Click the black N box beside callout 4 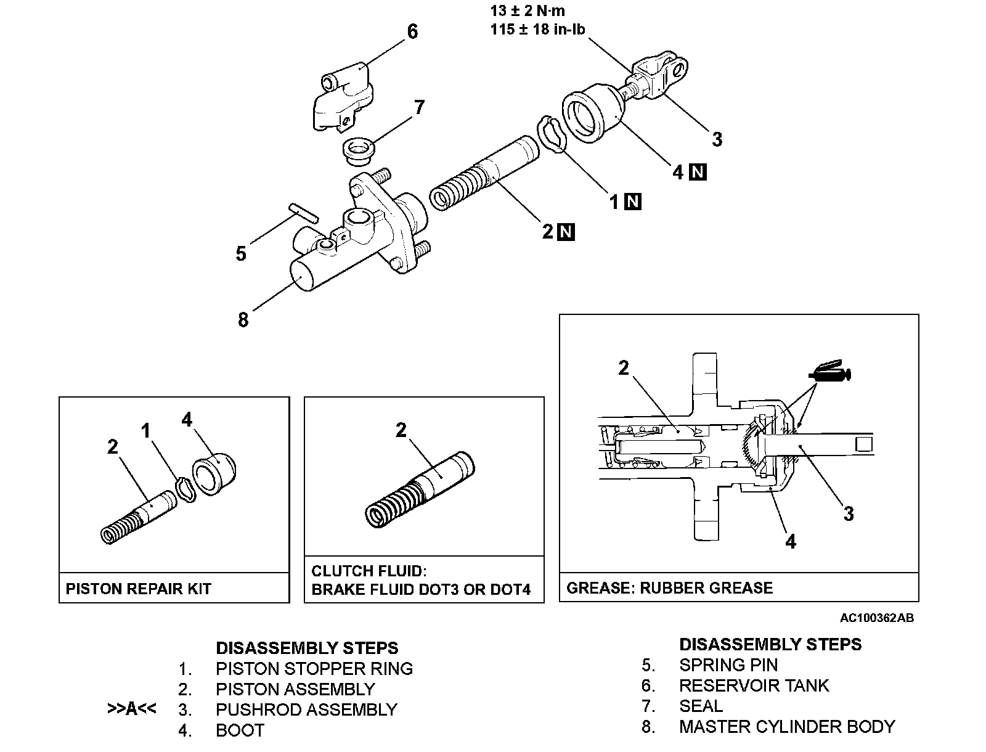pos(698,172)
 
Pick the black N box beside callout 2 pos(566,232)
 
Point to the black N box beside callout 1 pos(633,202)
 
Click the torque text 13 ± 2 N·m pos(528,10)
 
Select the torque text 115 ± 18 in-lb pos(537,29)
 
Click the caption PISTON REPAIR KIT pos(138,589)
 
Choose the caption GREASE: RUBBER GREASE pos(669,587)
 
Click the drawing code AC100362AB pos(876,618)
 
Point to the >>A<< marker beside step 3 pos(131,709)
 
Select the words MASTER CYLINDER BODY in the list pos(786,726)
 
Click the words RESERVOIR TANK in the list pos(754,685)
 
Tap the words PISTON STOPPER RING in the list pos(314,668)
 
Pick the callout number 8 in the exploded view pos(243,320)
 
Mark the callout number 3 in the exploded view pos(717,139)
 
